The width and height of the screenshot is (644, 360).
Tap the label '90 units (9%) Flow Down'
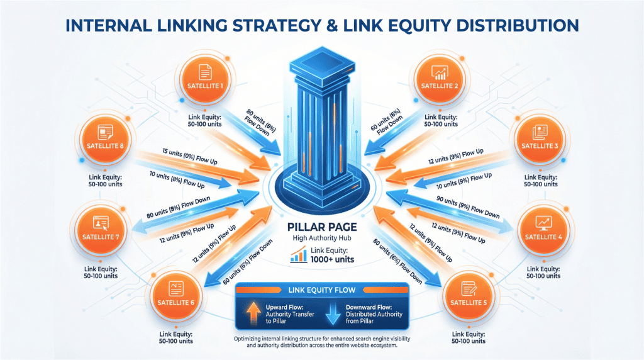point(467,208)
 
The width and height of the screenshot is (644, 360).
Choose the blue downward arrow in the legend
point(334,313)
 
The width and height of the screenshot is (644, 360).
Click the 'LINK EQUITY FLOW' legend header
point(322,290)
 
